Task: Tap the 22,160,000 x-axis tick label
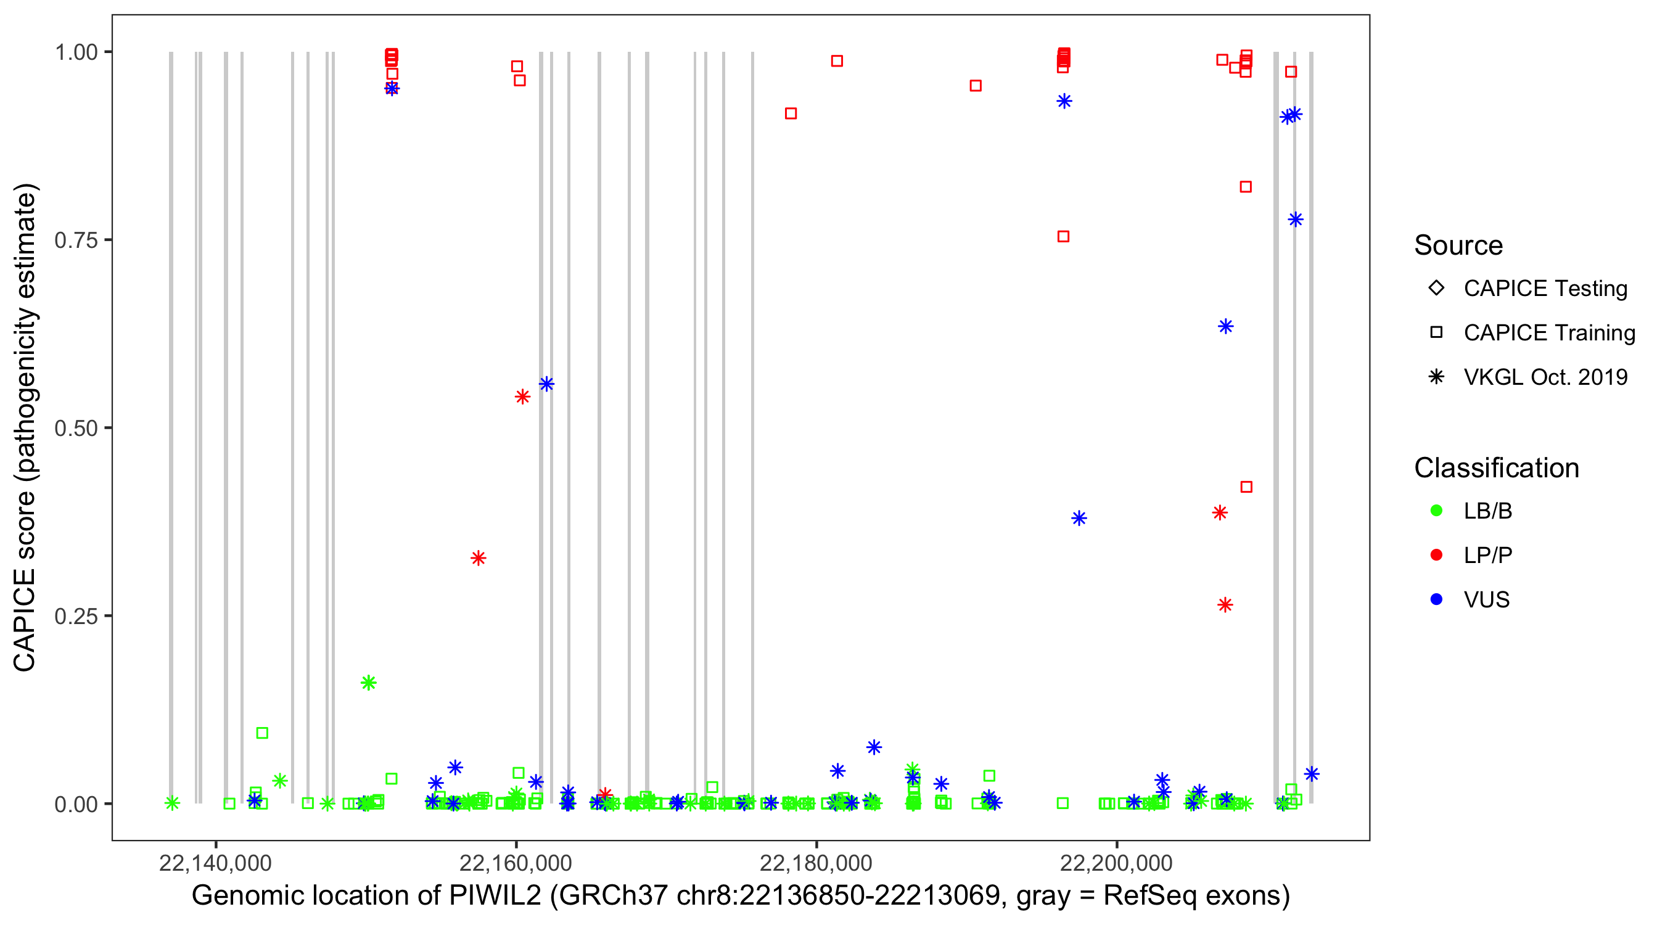tap(515, 863)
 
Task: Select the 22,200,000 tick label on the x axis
tap(1116, 863)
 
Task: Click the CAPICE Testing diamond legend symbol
tap(1436, 287)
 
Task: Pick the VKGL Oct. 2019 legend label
tap(1545, 377)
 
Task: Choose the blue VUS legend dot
tap(1436, 599)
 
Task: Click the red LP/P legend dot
tap(1436, 555)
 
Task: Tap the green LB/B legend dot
tap(1436, 511)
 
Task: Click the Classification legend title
tap(1496, 468)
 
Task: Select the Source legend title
tap(1458, 245)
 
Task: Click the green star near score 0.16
tap(368, 683)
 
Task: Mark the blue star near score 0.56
tap(546, 384)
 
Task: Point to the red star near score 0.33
tap(479, 558)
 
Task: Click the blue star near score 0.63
tap(1225, 326)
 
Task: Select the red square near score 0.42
tap(1246, 487)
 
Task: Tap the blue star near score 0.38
tap(1079, 518)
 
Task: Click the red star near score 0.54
tap(522, 397)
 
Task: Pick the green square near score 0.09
tap(261, 733)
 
